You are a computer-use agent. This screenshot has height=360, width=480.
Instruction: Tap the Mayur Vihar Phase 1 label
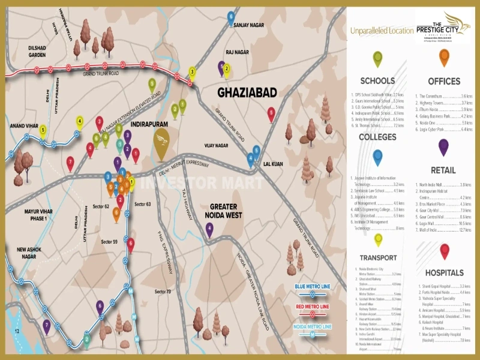(x=44, y=215)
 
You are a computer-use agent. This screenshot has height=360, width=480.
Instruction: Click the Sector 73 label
(x=162, y=292)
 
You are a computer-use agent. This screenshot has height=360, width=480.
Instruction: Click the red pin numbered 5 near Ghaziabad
(x=271, y=113)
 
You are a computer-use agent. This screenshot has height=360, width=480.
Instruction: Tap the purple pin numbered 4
(x=209, y=229)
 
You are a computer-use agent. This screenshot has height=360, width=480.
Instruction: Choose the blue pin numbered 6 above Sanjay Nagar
(x=231, y=17)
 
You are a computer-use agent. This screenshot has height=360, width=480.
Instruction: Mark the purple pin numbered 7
(x=47, y=326)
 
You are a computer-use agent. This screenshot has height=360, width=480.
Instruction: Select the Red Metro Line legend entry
(x=311, y=307)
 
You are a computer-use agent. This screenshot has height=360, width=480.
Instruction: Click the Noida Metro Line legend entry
(x=311, y=326)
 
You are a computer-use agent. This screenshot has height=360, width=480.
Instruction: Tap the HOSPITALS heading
(x=444, y=273)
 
